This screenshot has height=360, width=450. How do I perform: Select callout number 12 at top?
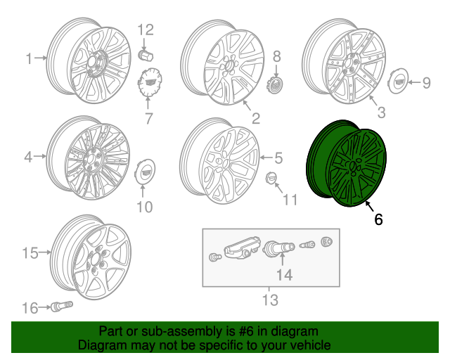145,30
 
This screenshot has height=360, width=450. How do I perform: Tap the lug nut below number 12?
146,54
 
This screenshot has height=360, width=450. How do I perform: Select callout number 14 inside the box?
284,275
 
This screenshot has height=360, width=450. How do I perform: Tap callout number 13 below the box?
270,301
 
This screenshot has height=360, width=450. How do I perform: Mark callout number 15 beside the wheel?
30,252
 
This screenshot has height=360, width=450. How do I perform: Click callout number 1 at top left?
30,59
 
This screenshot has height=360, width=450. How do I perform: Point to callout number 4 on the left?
28,157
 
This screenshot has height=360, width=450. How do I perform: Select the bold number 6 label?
378,219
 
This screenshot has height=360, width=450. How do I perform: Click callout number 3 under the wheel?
380,112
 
